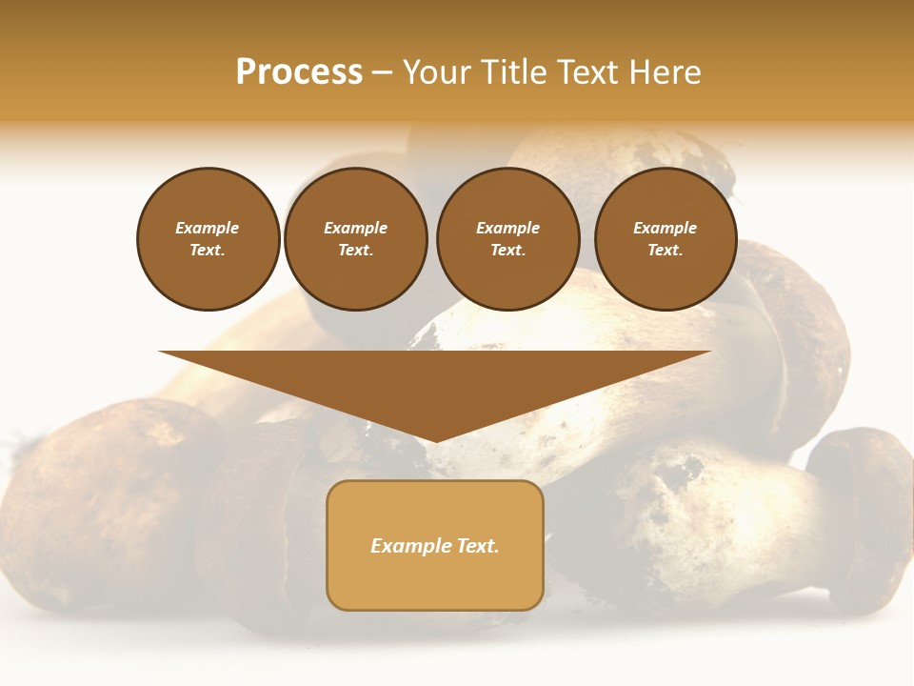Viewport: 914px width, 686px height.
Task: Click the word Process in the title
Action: tap(299, 72)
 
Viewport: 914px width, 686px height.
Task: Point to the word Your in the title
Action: tap(437, 72)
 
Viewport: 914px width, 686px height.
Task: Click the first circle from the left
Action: tap(209, 239)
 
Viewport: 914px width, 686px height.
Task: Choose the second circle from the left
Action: tap(356, 239)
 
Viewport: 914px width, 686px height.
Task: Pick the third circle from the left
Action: tap(508, 239)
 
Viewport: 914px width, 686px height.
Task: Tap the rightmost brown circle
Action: tap(666, 239)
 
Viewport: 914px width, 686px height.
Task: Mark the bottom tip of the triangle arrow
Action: tap(435, 440)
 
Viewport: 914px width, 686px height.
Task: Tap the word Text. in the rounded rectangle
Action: tap(478, 546)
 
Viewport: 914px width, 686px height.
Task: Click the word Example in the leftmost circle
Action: tap(208, 228)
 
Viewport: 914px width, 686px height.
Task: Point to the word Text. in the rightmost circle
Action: tap(666, 251)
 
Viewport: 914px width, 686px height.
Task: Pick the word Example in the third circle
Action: tap(508, 228)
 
